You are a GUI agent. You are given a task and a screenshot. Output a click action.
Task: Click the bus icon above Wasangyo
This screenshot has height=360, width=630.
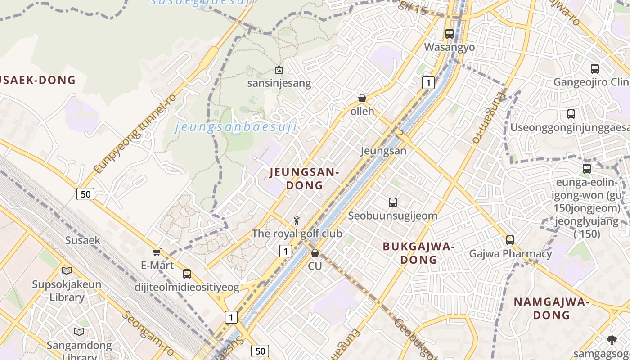click(449, 34)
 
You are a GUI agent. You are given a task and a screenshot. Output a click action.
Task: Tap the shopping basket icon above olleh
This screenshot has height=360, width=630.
click(362, 98)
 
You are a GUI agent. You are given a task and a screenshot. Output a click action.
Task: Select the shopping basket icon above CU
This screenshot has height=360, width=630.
click(315, 253)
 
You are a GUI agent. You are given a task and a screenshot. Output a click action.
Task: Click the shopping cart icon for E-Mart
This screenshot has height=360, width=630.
click(157, 252)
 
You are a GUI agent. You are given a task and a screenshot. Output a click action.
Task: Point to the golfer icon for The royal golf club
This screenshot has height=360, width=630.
click(296, 220)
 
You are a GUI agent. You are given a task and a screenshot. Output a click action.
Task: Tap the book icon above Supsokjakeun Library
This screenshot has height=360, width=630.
click(67, 270)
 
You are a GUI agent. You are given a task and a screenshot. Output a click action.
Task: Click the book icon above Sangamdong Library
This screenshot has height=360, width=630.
click(79, 332)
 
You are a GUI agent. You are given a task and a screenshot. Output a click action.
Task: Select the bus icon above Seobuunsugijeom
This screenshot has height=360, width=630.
click(393, 202)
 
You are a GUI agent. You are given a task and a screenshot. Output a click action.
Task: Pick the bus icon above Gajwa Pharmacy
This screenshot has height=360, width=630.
click(510, 240)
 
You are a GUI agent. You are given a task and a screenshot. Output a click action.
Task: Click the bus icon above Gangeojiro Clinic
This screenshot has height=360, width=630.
click(594, 69)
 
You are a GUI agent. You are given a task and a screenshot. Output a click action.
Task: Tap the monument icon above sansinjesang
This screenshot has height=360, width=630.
click(279, 70)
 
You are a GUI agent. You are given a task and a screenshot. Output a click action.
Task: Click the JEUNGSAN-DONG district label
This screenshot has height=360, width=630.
click(304, 179)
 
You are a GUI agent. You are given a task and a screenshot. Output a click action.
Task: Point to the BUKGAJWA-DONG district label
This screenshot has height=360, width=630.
click(418, 253)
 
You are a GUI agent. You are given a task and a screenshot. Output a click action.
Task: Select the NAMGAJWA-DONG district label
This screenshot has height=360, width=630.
click(551, 308)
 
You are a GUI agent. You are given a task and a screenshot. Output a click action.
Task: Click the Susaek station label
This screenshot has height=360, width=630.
click(83, 240)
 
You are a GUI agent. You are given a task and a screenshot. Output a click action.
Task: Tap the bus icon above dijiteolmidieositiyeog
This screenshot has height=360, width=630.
click(187, 274)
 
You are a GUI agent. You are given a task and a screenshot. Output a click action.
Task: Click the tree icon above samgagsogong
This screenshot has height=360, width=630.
click(612, 340)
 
